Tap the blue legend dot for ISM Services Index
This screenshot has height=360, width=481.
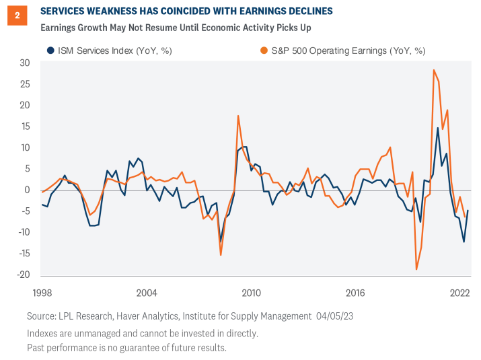[x=50, y=50]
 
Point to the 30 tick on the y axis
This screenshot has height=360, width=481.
[x=25, y=63]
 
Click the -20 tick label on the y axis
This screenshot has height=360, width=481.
[x=24, y=275]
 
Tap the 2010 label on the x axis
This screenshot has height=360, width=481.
[x=251, y=293]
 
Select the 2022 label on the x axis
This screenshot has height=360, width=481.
[x=459, y=293]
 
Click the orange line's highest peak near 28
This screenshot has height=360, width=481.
[x=434, y=70]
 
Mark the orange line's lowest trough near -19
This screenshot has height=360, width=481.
[x=416, y=270]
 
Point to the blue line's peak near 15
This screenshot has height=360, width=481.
[x=438, y=128]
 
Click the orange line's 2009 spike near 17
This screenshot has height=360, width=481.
[x=238, y=116]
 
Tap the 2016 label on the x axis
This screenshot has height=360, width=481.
[x=355, y=293]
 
